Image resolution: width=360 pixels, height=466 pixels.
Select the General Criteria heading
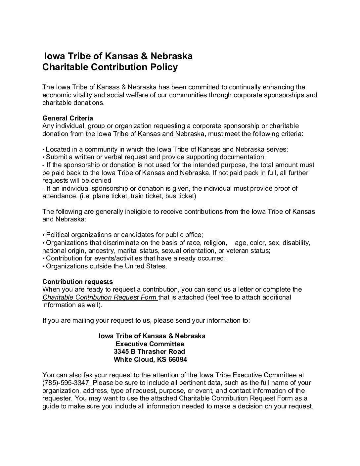pos(67,118)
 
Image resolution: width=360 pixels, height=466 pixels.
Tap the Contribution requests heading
pos(77,282)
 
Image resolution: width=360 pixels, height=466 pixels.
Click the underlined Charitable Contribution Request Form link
pos(100,297)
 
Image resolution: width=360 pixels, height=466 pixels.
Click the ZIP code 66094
pos(178,359)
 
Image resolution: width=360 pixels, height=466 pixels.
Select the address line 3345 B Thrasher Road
pos(149,351)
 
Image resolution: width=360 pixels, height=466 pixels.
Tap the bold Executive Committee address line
pos(152,344)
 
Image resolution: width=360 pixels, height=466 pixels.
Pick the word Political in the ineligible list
pos(57,235)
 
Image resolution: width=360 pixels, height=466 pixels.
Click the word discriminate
pos(112,243)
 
